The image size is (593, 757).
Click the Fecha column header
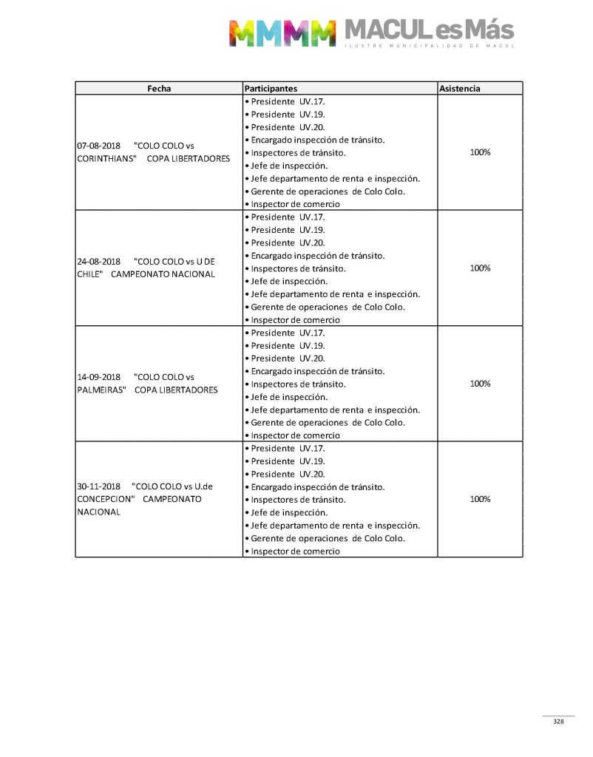(159, 88)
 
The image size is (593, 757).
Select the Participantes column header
(271, 88)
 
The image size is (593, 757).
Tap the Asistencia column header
(459, 88)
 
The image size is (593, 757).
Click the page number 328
(558, 722)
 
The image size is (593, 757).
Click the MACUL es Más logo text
(429, 30)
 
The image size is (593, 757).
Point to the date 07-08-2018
(99, 146)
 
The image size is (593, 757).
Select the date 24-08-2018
(99, 261)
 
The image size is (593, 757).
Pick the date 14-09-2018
(99, 377)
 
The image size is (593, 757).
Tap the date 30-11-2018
(99, 486)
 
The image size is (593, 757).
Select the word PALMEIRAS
(102, 390)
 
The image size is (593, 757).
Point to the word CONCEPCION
(105, 499)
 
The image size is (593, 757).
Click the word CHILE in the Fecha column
(89, 274)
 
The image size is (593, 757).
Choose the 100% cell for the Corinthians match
(480, 152)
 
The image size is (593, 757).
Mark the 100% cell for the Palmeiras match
(480, 384)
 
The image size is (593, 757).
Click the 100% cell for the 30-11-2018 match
(480, 499)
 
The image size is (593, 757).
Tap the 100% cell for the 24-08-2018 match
(480, 268)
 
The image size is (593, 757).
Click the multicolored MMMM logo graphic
(282, 33)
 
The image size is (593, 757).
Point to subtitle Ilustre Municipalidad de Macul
(429, 47)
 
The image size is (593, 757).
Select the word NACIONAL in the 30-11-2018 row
(99, 512)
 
